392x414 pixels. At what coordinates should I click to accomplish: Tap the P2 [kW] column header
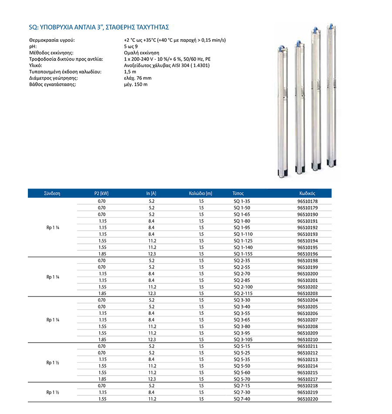point(101,193)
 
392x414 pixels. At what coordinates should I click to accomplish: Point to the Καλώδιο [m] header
point(200,193)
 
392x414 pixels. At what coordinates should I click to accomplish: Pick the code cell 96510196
point(308,254)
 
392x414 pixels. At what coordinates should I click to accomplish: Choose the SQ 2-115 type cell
point(243,293)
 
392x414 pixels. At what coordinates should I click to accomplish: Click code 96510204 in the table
point(308,300)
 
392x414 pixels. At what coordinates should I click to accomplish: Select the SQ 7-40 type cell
point(242,399)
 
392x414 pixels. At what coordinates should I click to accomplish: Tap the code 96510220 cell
point(308,399)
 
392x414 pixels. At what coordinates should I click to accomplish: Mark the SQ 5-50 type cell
point(242,366)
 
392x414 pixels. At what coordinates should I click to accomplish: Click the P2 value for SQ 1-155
point(102,254)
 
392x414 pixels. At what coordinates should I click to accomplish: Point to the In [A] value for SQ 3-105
point(152,340)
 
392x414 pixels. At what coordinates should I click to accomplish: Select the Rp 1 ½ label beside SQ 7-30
point(52,392)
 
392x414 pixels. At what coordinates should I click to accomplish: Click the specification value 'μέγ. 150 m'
point(135,84)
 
